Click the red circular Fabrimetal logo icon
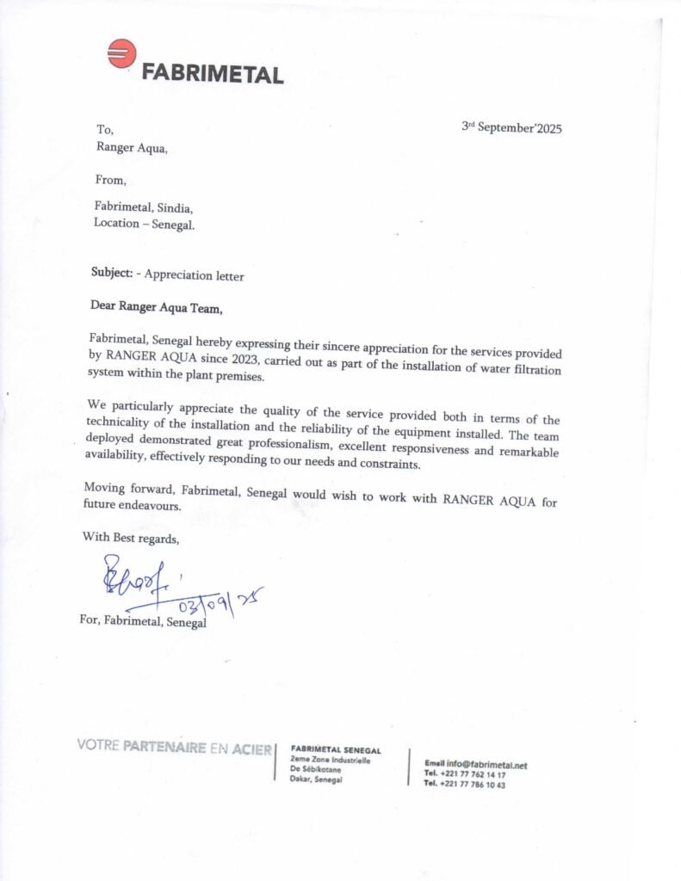pos(122,54)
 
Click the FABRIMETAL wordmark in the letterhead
pos(212,74)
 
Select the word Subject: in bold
pos(111,274)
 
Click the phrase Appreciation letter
pos(194,276)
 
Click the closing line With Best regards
pos(131,538)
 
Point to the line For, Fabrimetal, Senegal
pos(143,621)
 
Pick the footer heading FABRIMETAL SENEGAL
pos(336,750)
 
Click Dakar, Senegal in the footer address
pos(317,779)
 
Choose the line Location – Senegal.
pos(144,224)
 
